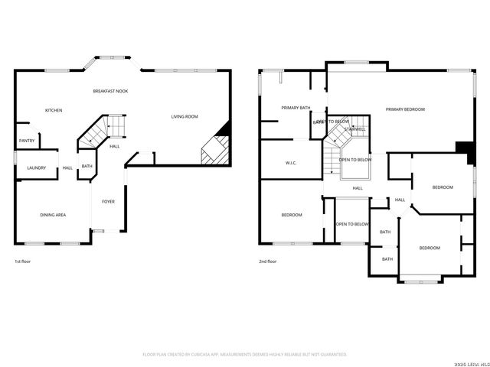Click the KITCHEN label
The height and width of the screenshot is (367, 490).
(53, 111)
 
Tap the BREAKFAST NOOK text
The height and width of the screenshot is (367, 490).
(110, 91)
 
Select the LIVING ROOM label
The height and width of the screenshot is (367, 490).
(184, 117)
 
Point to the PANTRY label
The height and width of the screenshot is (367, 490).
(27, 141)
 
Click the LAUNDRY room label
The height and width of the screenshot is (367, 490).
(36, 168)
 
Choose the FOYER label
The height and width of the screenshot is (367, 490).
(109, 202)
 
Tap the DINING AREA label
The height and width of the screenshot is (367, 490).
(53, 216)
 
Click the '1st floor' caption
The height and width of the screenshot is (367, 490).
(23, 261)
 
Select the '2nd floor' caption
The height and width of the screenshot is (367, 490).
(267, 261)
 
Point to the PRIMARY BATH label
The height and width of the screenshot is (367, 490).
(295, 109)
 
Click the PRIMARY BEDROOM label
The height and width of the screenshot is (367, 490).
(405, 109)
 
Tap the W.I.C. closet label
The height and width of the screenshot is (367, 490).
(291, 163)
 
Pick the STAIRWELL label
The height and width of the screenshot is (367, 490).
(354, 129)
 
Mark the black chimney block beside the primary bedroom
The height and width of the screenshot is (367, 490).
(463, 148)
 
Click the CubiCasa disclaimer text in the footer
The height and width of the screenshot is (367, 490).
(245, 355)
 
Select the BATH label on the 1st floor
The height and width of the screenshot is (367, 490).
(87, 167)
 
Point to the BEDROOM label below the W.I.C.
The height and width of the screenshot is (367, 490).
(291, 216)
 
